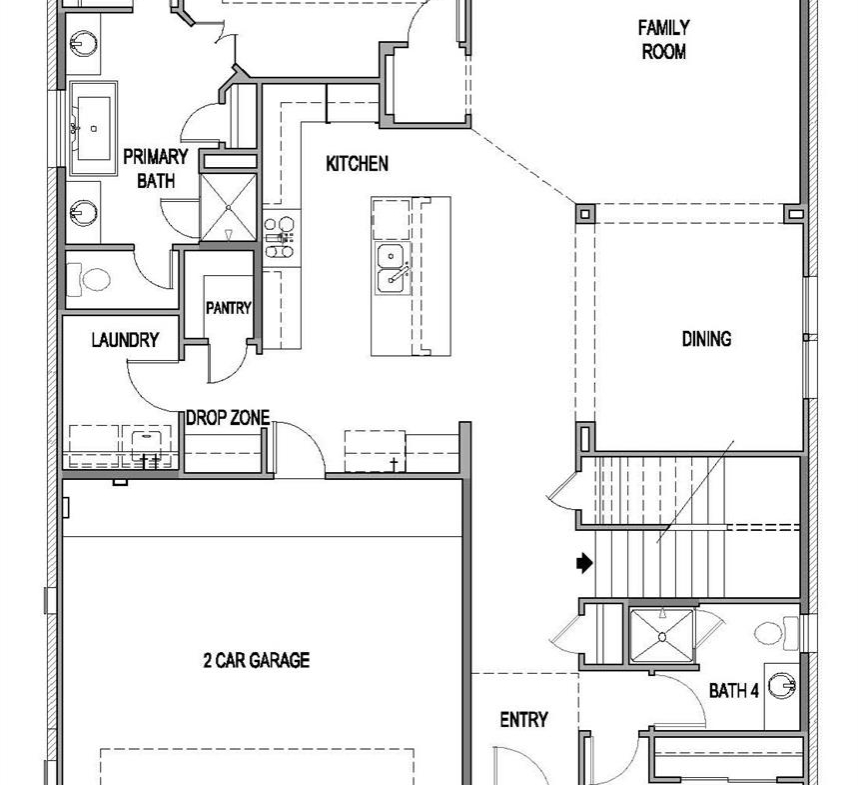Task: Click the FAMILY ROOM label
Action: [663, 39]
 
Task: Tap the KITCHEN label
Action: [357, 163]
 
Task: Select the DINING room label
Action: [706, 339]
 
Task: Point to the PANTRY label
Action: [228, 308]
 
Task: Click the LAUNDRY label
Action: [125, 340]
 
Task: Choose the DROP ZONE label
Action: [228, 418]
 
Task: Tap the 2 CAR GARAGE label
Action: [256, 660]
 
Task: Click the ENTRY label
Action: [523, 719]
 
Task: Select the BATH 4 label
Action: [734, 691]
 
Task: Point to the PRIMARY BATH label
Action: [156, 169]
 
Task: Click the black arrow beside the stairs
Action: [584, 563]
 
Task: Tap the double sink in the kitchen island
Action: [393, 269]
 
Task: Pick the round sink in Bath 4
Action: [782, 686]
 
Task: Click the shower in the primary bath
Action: [228, 207]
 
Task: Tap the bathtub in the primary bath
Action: [93, 129]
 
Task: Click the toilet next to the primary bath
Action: [89, 279]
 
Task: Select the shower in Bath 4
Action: [662, 635]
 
